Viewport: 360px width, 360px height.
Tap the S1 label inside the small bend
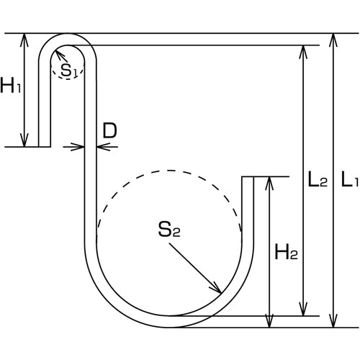(68, 70)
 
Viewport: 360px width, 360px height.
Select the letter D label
(109, 130)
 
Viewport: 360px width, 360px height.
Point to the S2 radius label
(168, 230)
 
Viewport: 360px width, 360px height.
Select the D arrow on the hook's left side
(80, 147)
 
